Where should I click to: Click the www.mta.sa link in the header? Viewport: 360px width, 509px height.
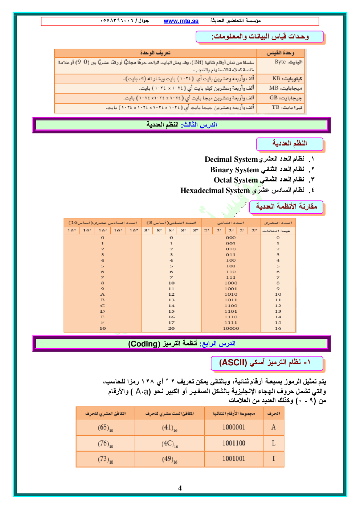(x=181, y=21)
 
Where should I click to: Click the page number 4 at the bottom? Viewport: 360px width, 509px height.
(x=180, y=488)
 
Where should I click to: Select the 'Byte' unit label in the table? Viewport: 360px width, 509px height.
(x=280, y=62)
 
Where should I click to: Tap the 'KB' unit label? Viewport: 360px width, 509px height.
(x=277, y=78)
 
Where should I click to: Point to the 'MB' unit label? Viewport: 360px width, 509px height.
(x=274, y=88)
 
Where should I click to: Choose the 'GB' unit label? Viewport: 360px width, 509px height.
(x=274, y=98)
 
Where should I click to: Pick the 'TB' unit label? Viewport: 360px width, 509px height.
(x=276, y=107)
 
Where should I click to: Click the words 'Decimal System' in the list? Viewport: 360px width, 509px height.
(x=231, y=159)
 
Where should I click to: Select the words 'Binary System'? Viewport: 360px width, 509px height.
(x=234, y=170)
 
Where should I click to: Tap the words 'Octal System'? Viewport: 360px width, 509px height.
(x=236, y=180)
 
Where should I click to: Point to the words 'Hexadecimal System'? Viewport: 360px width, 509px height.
(x=215, y=190)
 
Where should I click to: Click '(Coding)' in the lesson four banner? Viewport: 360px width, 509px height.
(x=144, y=344)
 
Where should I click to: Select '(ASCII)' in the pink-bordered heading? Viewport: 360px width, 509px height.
(x=233, y=362)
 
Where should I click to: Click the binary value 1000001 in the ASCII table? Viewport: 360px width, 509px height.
(x=234, y=427)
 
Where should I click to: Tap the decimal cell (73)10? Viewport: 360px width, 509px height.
(x=106, y=459)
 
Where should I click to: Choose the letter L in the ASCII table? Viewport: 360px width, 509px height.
(x=274, y=443)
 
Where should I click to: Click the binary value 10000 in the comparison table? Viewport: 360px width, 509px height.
(x=231, y=328)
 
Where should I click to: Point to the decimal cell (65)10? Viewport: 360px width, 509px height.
(x=106, y=428)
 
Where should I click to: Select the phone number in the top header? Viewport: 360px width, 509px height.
(x=116, y=21)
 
